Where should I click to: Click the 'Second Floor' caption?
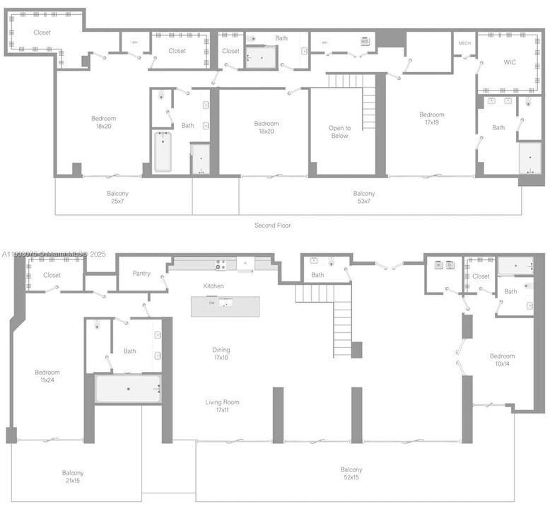click(272, 226)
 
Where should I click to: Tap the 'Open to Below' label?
click(339, 132)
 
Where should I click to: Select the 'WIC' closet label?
click(510, 62)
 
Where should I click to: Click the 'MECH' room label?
click(464, 43)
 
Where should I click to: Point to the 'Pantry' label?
click(141, 274)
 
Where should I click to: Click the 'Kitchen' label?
click(213, 286)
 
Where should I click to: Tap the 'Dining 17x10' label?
click(221, 353)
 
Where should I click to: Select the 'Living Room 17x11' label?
click(222, 406)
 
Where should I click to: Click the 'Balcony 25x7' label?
click(117, 197)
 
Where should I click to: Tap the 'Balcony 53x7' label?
click(364, 197)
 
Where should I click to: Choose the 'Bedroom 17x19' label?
click(431, 118)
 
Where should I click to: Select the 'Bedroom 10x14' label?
click(502, 360)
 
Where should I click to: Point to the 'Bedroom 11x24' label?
click(47, 376)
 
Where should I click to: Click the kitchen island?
click(225, 305)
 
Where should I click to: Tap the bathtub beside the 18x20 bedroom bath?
click(162, 152)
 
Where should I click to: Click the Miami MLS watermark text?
click(54, 254)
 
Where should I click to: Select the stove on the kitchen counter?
click(221, 265)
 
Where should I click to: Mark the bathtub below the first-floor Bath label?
click(128, 389)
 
